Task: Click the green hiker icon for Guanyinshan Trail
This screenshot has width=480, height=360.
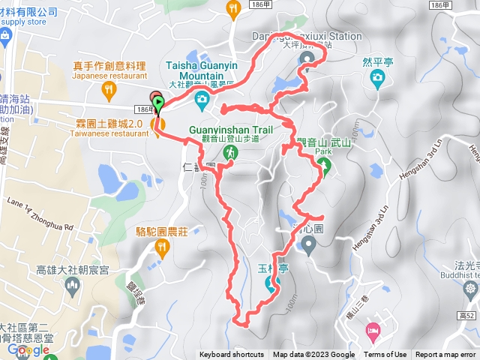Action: (x=231, y=152)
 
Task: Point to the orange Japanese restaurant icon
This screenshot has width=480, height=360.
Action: (x=109, y=91)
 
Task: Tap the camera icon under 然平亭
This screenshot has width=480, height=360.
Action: (x=377, y=77)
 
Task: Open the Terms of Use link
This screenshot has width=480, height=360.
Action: (x=385, y=355)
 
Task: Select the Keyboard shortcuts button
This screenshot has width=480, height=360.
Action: (x=232, y=355)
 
